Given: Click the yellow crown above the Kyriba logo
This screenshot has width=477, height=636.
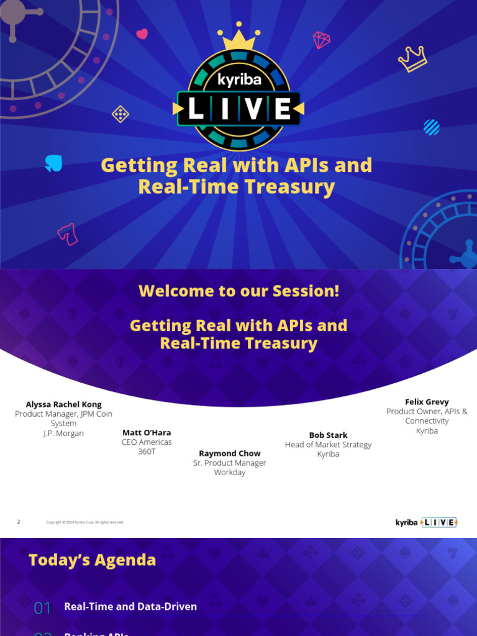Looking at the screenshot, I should (239, 39).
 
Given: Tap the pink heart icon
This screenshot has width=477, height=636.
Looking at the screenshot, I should (142, 34).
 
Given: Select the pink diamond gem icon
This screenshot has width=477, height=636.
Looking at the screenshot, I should (322, 40).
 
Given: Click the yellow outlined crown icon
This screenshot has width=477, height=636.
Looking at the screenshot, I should (413, 59).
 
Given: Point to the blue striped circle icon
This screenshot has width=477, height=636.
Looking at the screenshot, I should (431, 127).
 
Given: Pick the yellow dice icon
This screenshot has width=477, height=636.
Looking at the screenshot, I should (120, 114).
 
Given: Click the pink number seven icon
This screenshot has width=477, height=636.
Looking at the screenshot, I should (67, 234).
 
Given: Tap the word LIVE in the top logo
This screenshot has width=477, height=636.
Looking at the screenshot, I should (239, 110).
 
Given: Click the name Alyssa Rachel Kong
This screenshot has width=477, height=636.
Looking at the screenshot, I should (63, 404).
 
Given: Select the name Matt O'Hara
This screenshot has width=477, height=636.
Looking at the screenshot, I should (147, 433).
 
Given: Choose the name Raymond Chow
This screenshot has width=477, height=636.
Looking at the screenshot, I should (230, 453).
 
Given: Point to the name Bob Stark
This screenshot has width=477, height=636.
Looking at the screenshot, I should (328, 435).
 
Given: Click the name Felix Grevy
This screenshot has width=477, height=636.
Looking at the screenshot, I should (427, 402).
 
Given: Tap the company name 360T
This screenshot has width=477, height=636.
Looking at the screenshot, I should (147, 452).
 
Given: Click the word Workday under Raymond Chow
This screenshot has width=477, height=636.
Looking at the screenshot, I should (230, 472).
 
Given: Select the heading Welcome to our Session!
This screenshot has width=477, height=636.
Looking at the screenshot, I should (239, 291).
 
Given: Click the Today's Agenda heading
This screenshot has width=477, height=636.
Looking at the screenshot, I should (92, 560).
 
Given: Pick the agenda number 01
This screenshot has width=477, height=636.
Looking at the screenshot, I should (42, 607).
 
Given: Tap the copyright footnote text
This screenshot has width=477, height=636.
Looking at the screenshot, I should (85, 522).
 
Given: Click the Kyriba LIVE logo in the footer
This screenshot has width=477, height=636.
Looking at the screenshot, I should (426, 522).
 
